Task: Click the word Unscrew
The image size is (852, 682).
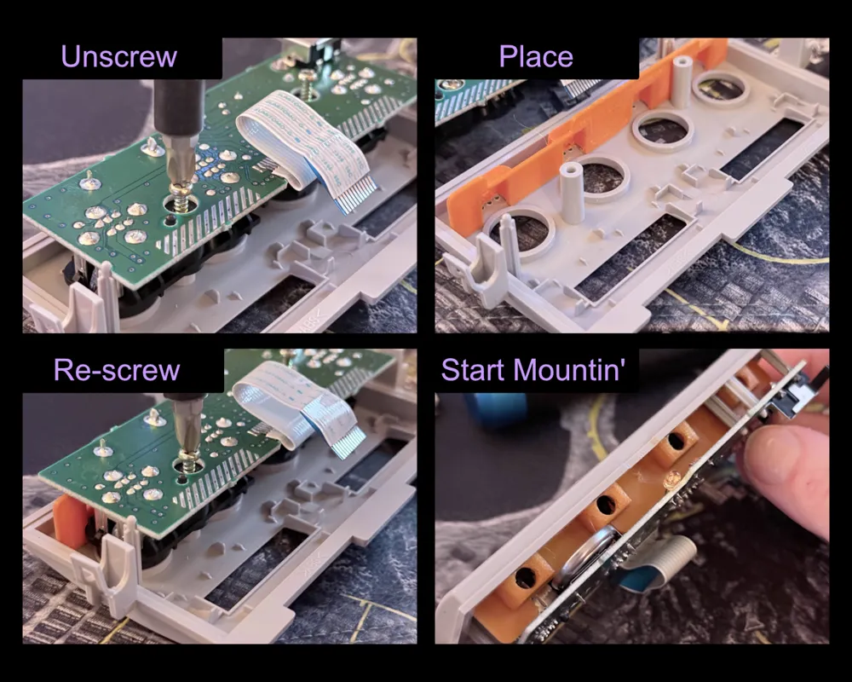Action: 119,56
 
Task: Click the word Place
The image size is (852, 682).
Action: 536,56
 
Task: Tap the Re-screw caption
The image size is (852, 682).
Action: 117,370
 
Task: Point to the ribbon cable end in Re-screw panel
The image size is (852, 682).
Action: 344,441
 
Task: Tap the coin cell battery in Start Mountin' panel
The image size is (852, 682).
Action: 584,559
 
